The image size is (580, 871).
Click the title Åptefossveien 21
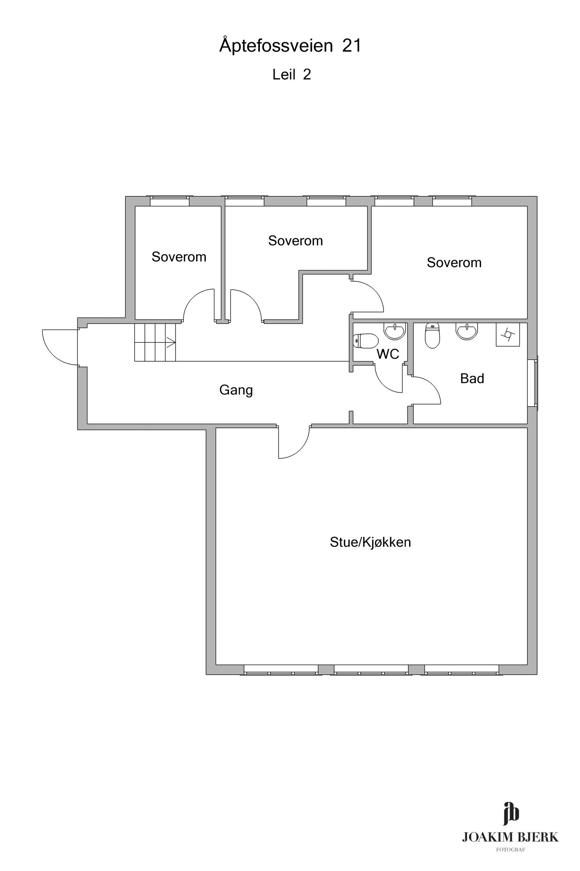pyautogui.click(x=290, y=45)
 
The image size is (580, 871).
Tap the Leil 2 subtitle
pyautogui.click(x=291, y=74)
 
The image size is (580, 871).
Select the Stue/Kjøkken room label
pyautogui.click(x=370, y=542)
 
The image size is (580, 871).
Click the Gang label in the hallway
pyautogui.click(x=236, y=390)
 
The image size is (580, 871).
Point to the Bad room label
pyautogui.click(x=472, y=378)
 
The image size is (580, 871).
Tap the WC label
pyautogui.click(x=388, y=354)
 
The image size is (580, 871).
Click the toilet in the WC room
pyautogui.click(x=366, y=341)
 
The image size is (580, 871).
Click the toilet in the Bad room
pyautogui.click(x=432, y=335)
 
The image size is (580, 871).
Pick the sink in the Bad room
pyautogui.click(x=467, y=331)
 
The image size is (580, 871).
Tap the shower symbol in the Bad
pyautogui.click(x=507, y=334)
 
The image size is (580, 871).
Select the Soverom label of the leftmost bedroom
pyautogui.click(x=179, y=257)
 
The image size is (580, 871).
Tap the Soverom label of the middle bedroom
pyautogui.click(x=295, y=241)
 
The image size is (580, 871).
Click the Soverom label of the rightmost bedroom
pyautogui.click(x=454, y=262)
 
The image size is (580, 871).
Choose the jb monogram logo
pyautogui.click(x=511, y=813)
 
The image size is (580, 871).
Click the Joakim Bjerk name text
pyautogui.click(x=510, y=837)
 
